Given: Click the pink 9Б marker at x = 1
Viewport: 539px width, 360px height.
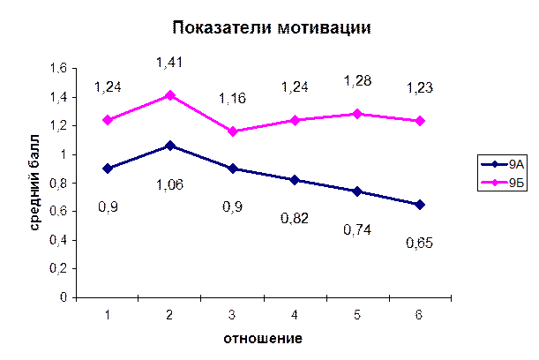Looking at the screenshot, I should tap(108, 120).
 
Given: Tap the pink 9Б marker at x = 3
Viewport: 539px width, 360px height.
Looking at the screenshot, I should tap(233, 131).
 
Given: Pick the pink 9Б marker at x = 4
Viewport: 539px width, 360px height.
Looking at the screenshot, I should tap(296, 120).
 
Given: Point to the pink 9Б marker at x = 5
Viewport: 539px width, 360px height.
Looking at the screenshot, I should tap(357, 114).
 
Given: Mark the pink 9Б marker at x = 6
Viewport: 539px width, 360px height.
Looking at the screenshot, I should tap(420, 121).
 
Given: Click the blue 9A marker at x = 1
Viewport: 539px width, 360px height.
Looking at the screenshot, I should tap(108, 168).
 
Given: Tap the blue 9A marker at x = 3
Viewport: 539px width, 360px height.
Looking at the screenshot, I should tap(233, 169).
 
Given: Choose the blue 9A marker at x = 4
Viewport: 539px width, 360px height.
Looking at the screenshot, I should tap(296, 180).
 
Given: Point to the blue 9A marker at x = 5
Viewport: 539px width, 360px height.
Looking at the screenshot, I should tap(357, 191).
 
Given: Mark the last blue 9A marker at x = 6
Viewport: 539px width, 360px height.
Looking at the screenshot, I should tap(420, 205).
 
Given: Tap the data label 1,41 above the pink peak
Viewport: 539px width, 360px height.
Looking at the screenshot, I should tap(168, 64).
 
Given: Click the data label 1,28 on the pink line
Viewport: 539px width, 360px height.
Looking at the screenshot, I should tap(357, 82).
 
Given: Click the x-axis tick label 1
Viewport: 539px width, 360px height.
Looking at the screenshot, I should tap(108, 315).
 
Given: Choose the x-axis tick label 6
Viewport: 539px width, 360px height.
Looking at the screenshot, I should tap(420, 315).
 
